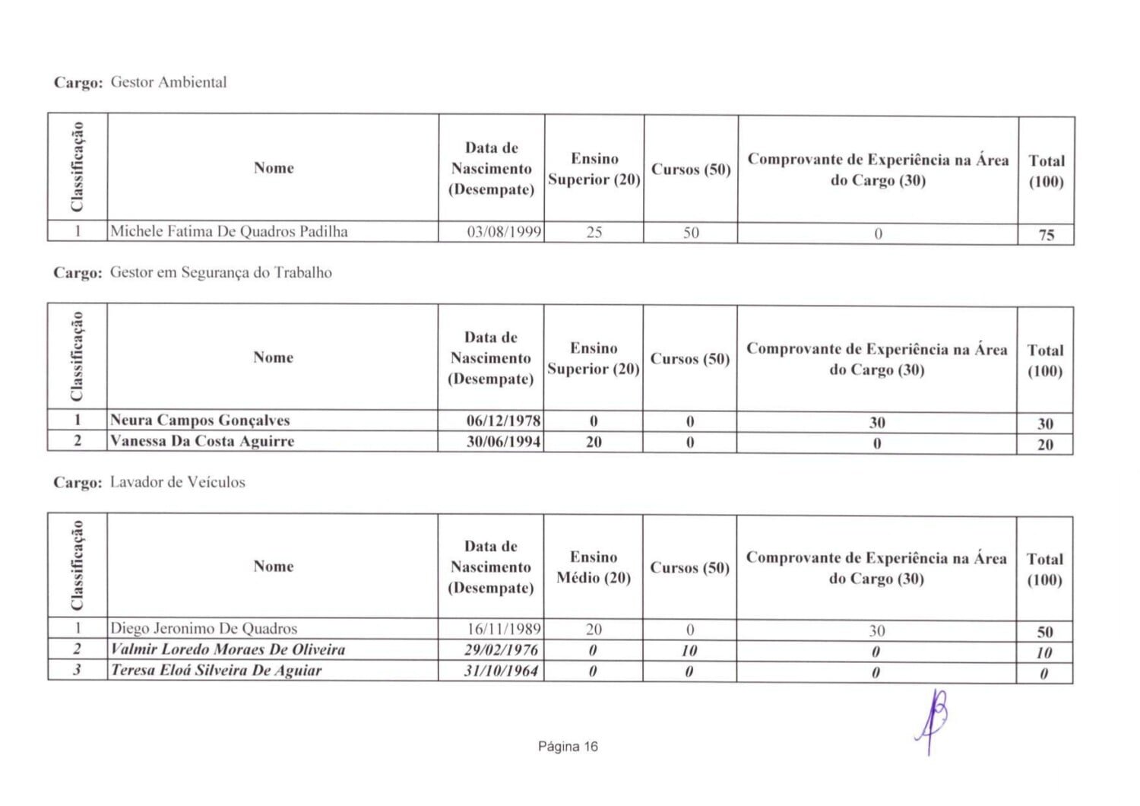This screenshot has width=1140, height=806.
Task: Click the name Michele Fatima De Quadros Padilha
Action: click(x=229, y=231)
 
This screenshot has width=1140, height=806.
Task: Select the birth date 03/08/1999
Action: click(x=504, y=232)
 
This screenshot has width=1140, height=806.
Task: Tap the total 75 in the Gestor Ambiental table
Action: click(x=1046, y=235)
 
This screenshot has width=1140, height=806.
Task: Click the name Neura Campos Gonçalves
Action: click(x=200, y=420)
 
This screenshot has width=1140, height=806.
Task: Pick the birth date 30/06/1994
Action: click(x=503, y=441)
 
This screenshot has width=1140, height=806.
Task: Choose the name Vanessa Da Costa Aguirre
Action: click(x=202, y=441)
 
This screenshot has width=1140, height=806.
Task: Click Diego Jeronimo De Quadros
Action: click(x=204, y=628)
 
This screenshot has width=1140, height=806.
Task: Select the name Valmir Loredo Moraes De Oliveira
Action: click(x=228, y=649)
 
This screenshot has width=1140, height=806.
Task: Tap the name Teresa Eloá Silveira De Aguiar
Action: click(x=217, y=670)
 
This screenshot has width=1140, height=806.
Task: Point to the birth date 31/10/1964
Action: click(x=502, y=671)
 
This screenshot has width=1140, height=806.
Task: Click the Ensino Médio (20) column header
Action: click(x=594, y=567)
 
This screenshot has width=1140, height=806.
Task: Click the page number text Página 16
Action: click(x=568, y=747)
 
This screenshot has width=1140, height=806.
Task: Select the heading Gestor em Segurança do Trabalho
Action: click(x=220, y=272)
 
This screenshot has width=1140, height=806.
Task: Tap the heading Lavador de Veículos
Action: click(x=177, y=482)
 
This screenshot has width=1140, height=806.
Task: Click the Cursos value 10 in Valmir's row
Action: click(x=689, y=651)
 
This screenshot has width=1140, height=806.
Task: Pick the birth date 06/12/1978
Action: click(x=503, y=420)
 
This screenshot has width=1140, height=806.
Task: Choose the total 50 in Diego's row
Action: click(x=1045, y=632)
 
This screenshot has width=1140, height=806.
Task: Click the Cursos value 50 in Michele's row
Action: click(x=690, y=233)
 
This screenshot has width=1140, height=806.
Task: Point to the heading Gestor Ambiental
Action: click(x=169, y=82)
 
